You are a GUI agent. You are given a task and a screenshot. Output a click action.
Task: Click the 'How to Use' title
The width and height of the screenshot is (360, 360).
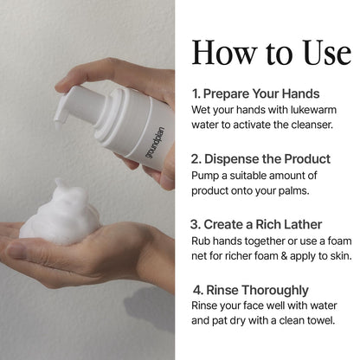click(272, 53)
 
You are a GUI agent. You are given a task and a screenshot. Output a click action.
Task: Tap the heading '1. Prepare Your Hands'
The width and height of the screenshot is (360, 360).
click(256, 93)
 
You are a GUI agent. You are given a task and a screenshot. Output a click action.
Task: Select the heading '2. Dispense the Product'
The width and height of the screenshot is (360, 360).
click(260, 159)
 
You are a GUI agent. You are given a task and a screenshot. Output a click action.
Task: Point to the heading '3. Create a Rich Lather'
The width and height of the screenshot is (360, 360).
click(256, 224)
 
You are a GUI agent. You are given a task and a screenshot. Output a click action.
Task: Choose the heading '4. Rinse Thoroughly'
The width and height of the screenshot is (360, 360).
click(251, 290)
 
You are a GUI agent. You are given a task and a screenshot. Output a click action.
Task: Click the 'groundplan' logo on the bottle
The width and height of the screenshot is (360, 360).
click(155, 143)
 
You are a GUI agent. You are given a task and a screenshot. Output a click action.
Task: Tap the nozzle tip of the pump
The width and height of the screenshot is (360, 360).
click(59, 125)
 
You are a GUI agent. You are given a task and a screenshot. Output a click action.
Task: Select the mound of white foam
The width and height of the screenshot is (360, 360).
click(59, 214)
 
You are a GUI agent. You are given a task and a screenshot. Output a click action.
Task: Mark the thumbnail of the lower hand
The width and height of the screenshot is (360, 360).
click(16, 250)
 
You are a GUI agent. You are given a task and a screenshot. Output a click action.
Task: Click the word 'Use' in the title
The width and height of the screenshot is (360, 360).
click(327, 53)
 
